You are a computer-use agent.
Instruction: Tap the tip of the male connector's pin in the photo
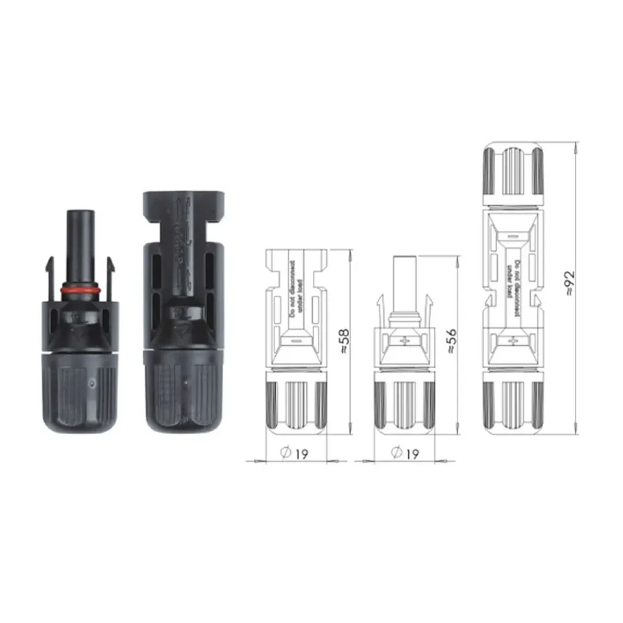80,215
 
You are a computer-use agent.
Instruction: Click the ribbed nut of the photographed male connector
80,396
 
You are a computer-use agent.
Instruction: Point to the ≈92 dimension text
570,283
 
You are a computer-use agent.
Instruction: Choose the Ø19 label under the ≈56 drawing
404,454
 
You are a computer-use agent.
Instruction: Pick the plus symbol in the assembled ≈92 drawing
513,339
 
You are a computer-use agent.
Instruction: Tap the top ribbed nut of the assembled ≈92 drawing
513,170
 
